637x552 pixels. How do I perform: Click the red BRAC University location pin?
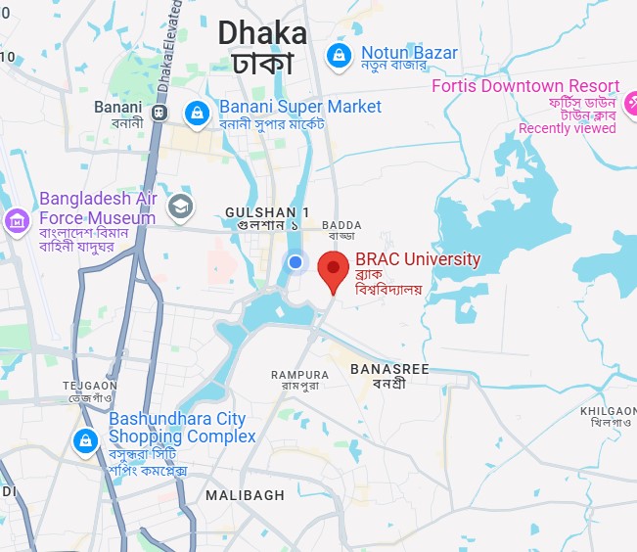[335, 269]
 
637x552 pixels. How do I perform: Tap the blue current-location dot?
[296, 261]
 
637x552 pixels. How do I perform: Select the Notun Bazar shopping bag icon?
[339, 54]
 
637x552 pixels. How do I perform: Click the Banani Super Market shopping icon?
[199, 113]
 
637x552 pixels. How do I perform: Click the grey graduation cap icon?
[180, 206]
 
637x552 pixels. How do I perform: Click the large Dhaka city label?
[261, 34]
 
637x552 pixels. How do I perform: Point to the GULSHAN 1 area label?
[266, 212]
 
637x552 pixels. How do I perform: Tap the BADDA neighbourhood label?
[341, 226]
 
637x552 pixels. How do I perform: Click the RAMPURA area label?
[299, 375]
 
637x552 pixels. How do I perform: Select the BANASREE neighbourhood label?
[388, 369]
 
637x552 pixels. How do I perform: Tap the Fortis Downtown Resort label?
[525, 86]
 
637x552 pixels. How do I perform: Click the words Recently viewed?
[568, 128]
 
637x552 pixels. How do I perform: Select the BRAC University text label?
[418, 259]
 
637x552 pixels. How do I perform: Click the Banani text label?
[117, 107]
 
